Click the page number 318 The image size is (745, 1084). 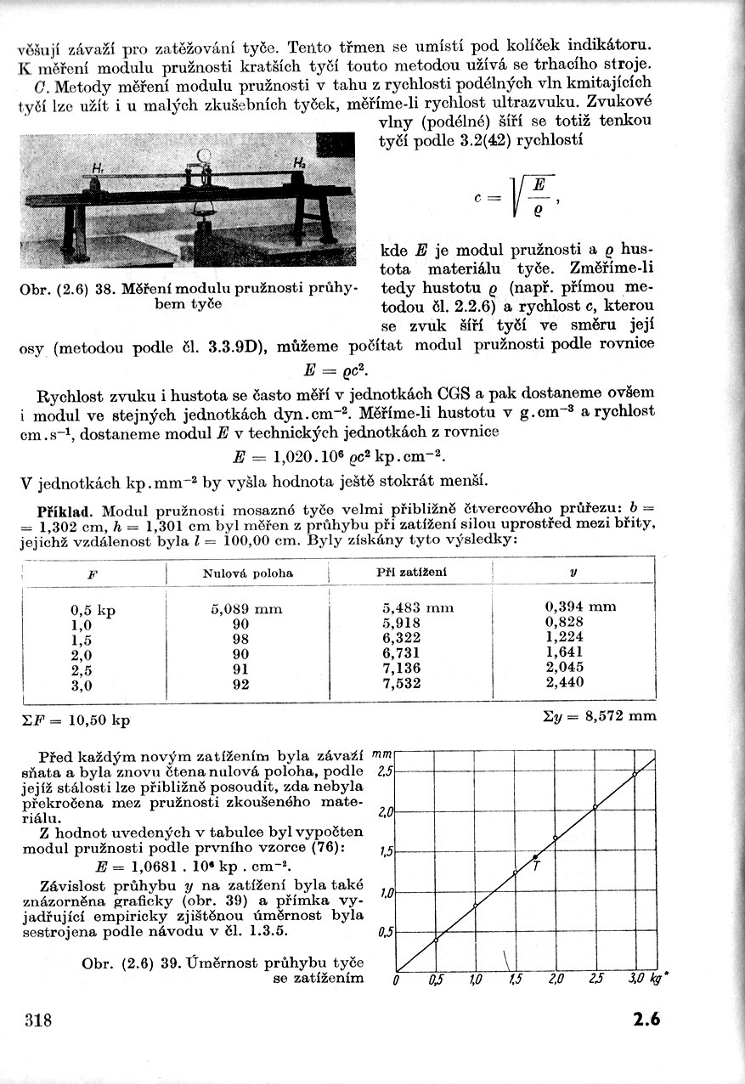click(39, 1020)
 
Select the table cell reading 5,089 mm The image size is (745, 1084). click(246, 608)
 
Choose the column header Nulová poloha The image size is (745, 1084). click(247, 573)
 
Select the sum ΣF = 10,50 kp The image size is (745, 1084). click(74, 720)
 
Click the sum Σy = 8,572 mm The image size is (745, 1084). click(599, 715)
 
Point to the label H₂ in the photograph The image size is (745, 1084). click(299, 161)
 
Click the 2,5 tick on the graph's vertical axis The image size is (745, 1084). click(384, 771)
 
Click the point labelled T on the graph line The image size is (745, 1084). click(535, 856)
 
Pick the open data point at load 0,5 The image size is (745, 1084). click(436, 939)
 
